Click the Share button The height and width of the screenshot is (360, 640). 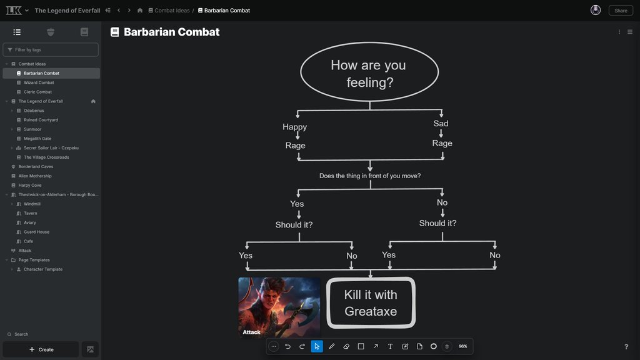(620, 10)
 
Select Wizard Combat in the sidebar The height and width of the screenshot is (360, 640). (39, 82)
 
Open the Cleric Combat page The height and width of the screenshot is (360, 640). (37, 92)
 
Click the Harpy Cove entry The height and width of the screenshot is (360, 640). (30, 185)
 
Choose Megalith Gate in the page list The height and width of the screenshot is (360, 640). (37, 139)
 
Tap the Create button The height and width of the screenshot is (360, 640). (41, 349)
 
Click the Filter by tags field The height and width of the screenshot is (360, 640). (51, 49)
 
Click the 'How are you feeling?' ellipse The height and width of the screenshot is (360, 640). (369, 73)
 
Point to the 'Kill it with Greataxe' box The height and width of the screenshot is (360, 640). (371, 302)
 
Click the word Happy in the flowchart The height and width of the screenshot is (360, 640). (294, 127)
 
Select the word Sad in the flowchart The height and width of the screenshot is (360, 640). (441, 123)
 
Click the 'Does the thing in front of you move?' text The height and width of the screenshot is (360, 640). (370, 176)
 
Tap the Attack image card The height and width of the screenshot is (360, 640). (279, 307)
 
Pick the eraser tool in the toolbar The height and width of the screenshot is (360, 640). (346, 346)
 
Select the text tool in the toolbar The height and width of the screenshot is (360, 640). (390, 346)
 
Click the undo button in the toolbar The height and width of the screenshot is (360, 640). (287, 346)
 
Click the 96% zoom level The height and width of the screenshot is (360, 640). (462, 346)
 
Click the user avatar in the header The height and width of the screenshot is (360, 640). (596, 10)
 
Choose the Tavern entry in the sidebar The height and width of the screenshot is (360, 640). (31, 213)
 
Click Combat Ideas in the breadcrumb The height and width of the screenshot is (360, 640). (172, 11)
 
